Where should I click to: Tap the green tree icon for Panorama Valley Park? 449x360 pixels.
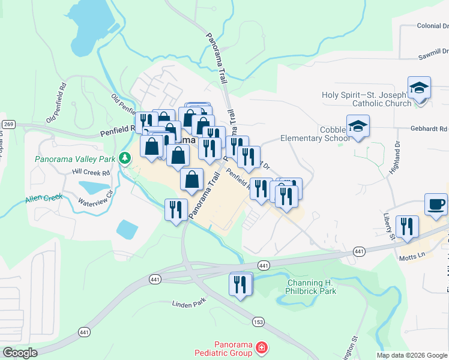(125, 158)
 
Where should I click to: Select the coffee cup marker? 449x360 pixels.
(436, 205)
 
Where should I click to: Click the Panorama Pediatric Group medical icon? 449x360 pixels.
(261, 347)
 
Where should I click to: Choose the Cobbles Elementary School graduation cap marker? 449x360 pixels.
(358, 127)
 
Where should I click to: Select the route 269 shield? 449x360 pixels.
(8, 124)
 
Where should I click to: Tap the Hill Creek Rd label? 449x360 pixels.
(91, 172)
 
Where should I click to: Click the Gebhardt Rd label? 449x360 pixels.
(429, 129)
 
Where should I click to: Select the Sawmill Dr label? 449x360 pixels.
(433, 58)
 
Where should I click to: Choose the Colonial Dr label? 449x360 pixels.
(432, 26)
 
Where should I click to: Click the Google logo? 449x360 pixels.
(19, 353)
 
